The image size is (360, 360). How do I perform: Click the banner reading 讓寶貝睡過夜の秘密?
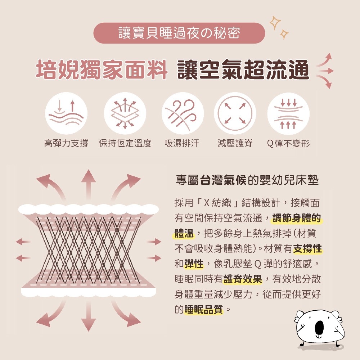click(179, 33)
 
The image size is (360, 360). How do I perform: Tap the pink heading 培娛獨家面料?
click(102, 69)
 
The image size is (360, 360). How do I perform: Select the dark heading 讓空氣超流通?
click(243, 69)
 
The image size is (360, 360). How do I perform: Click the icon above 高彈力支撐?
click(66, 113)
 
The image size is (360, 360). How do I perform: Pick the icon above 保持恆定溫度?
click(125, 113)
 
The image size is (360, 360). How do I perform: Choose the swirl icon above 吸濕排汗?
click(183, 113)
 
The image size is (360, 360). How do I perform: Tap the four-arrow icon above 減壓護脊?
click(235, 113)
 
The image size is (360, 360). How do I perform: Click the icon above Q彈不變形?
click(288, 113)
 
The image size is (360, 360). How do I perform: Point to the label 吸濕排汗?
click(182, 143)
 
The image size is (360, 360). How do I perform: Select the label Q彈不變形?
click(288, 144)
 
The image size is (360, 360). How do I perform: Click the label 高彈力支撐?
click(66, 143)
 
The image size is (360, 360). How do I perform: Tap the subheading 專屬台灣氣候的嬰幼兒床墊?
click(247, 180)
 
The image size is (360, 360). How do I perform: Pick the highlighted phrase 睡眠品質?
click(203, 310)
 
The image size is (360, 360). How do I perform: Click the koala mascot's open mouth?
click(319, 328)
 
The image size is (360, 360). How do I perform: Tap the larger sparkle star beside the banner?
click(275, 23)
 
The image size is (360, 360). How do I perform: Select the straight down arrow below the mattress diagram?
click(89, 316)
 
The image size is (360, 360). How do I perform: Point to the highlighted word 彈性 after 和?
click(194, 264)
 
